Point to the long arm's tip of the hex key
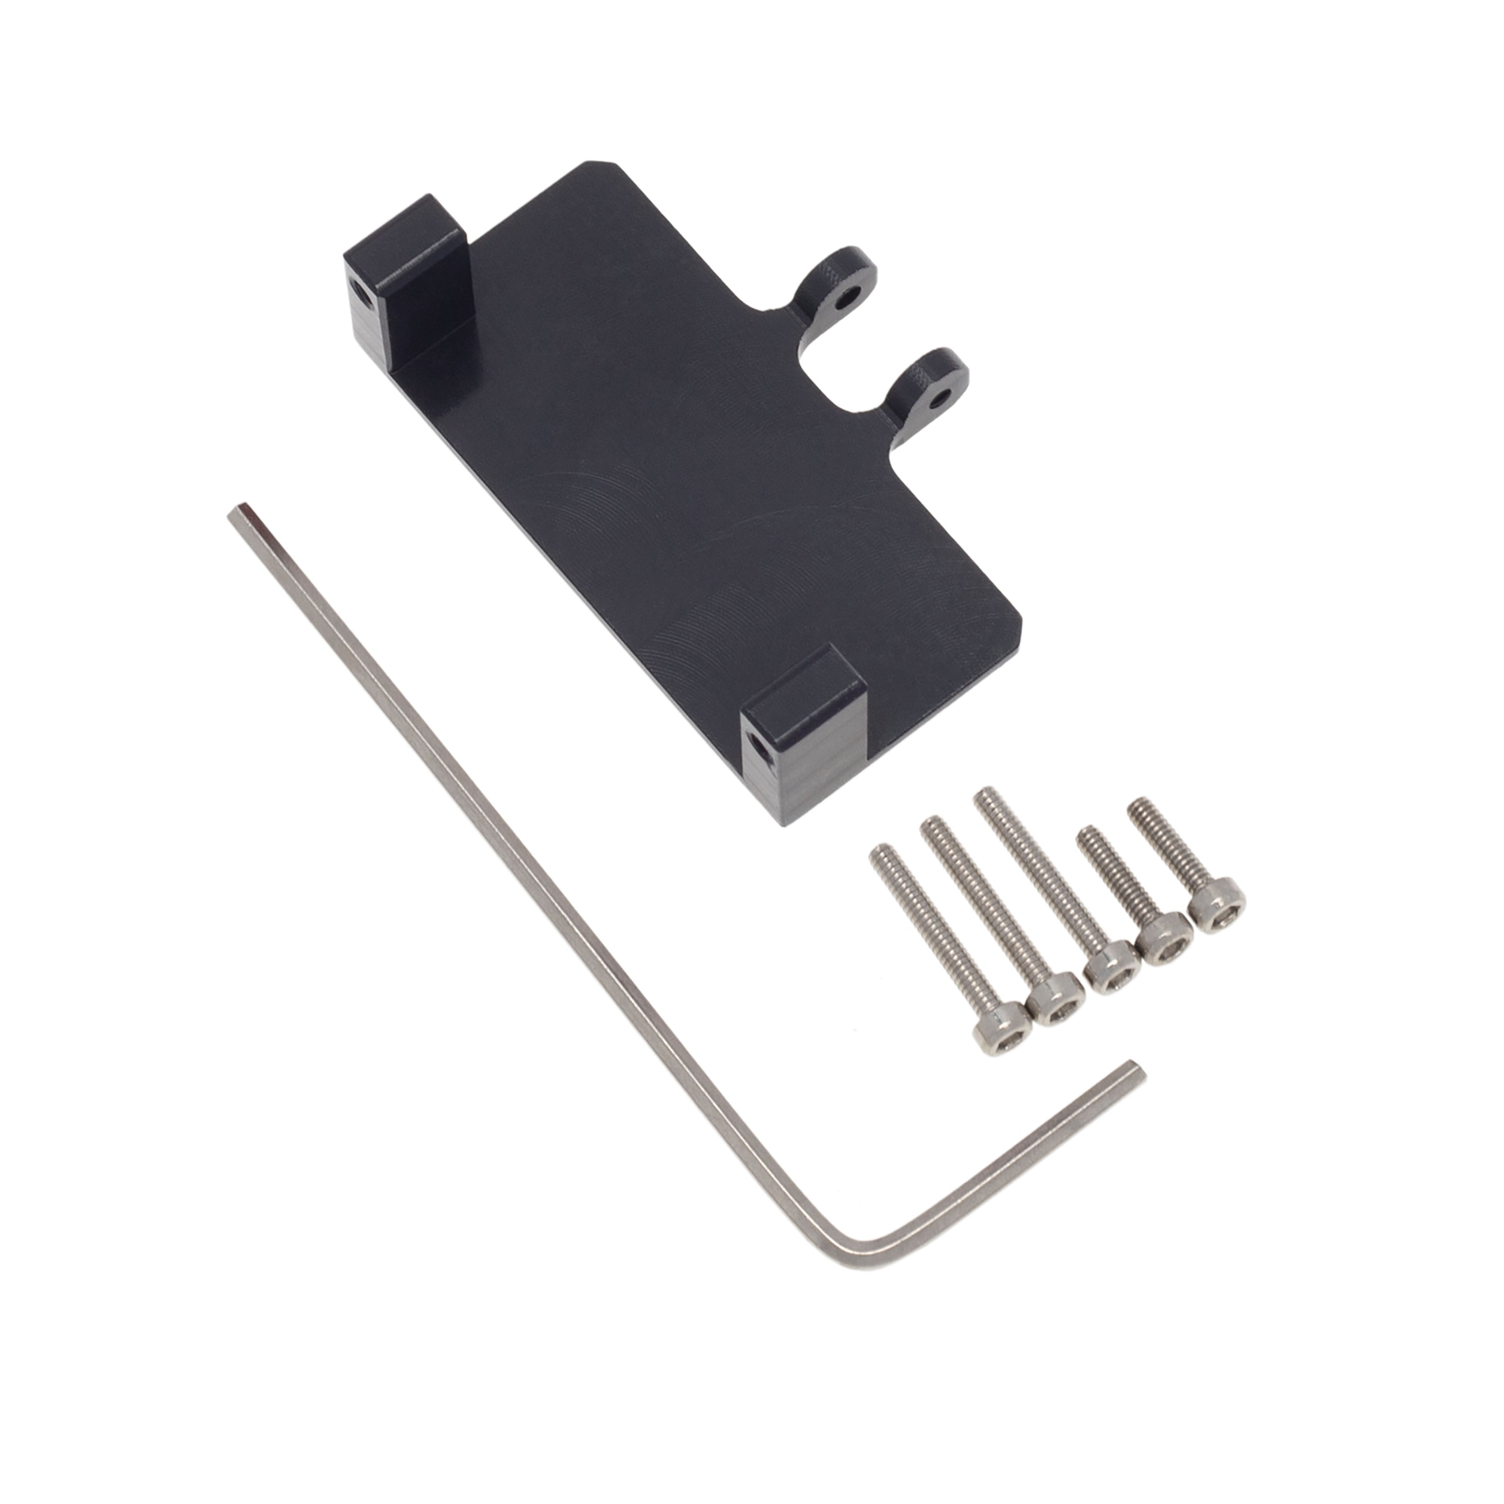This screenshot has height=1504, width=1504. tap(238, 513)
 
